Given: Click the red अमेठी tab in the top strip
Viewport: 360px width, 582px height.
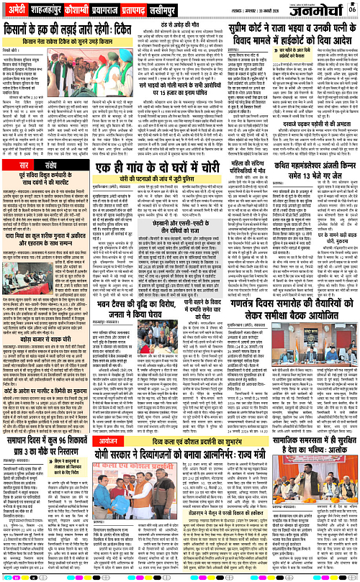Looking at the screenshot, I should click(x=17, y=9).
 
